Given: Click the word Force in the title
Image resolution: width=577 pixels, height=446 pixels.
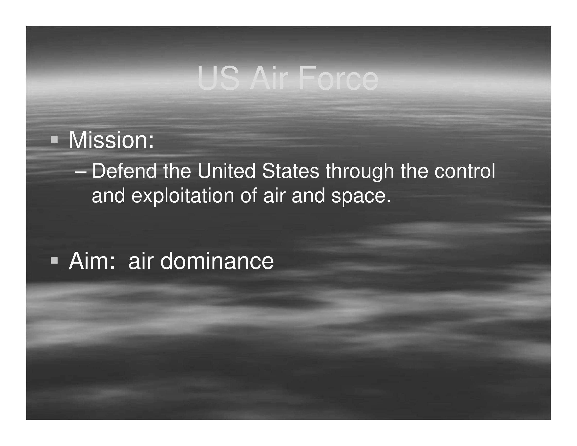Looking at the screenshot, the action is click(x=339, y=78).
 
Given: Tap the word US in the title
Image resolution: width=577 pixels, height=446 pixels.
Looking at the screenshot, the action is click(x=218, y=78).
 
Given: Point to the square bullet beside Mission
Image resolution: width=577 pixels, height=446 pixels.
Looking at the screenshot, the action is click(x=54, y=139).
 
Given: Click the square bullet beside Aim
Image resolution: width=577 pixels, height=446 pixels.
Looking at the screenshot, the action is click(x=54, y=260).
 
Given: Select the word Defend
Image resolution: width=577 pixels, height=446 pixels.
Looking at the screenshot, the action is click(x=124, y=171).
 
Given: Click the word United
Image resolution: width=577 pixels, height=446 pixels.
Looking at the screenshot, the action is click(x=227, y=171).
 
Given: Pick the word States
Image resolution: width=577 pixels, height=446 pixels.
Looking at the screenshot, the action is click(x=291, y=171).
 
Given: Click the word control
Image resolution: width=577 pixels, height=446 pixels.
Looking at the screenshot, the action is click(x=465, y=171).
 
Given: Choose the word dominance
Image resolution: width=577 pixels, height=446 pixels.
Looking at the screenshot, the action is click(x=217, y=261).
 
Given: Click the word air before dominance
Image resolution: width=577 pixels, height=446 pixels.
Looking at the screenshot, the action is click(x=141, y=261).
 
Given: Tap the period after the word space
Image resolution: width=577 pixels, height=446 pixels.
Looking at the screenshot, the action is click(x=388, y=202).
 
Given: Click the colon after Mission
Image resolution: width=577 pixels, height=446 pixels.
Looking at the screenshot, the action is click(x=151, y=142).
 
